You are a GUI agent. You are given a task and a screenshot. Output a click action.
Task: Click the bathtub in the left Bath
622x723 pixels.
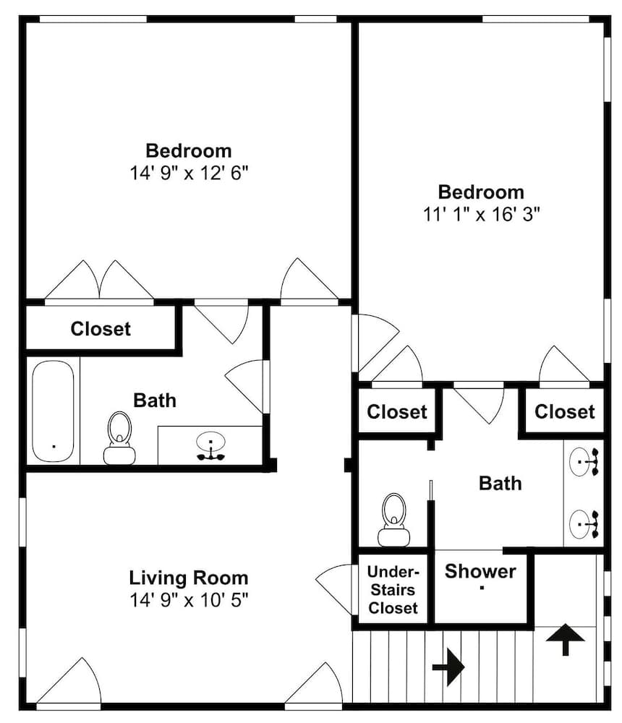pyautogui.click(x=53, y=411)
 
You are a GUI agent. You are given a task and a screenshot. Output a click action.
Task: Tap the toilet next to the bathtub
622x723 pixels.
pyautogui.click(x=119, y=438)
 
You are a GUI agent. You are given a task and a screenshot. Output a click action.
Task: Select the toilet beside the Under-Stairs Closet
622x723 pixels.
pyautogui.click(x=393, y=520)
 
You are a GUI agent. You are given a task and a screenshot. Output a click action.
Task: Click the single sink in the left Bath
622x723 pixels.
pyautogui.click(x=211, y=446)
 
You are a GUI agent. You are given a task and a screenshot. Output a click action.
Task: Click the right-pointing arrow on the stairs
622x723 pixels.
pyautogui.click(x=448, y=667)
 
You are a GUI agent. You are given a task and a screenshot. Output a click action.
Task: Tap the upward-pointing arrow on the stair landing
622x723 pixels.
pyautogui.click(x=566, y=640)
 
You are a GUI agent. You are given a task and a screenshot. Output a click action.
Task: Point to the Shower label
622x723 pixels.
pyautogui.click(x=480, y=571)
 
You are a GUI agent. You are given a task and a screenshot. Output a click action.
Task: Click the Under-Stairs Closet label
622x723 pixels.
pyautogui.click(x=393, y=590)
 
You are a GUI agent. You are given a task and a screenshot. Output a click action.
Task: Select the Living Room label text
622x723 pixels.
pyautogui.click(x=188, y=578)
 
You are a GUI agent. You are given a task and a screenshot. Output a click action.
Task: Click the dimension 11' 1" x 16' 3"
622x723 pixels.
pyautogui.click(x=481, y=214)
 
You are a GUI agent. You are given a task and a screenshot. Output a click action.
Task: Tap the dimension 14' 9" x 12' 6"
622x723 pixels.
pyautogui.click(x=189, y=173)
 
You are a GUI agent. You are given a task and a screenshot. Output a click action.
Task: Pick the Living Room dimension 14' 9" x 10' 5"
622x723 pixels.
pyautogui.click(x=189, y=600)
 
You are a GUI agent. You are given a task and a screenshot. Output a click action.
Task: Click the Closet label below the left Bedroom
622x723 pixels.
pyautogui.click(x=101, y=329)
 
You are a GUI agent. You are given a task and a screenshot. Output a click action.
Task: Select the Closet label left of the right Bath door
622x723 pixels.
pyautogui.click(x=397, y=412)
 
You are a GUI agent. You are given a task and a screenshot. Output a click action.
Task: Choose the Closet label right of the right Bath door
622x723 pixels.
pyautogui.click(x=564, y=412)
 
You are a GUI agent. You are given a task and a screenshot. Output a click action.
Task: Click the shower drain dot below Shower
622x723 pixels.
pyautogui.click(x=482, y=588)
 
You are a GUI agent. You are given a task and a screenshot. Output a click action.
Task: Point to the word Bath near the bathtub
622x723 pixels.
pyautogui.click(x=155, y=401)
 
